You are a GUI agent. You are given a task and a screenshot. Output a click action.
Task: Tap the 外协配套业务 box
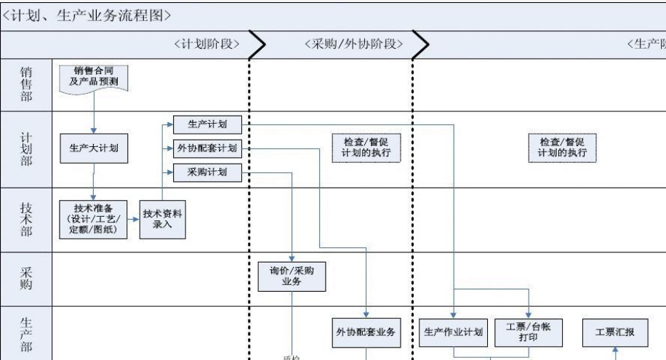click(366, 332)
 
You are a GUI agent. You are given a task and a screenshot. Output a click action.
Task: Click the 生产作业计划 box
click(454, 332)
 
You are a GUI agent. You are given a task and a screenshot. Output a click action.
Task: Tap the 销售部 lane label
click(25, 83)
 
